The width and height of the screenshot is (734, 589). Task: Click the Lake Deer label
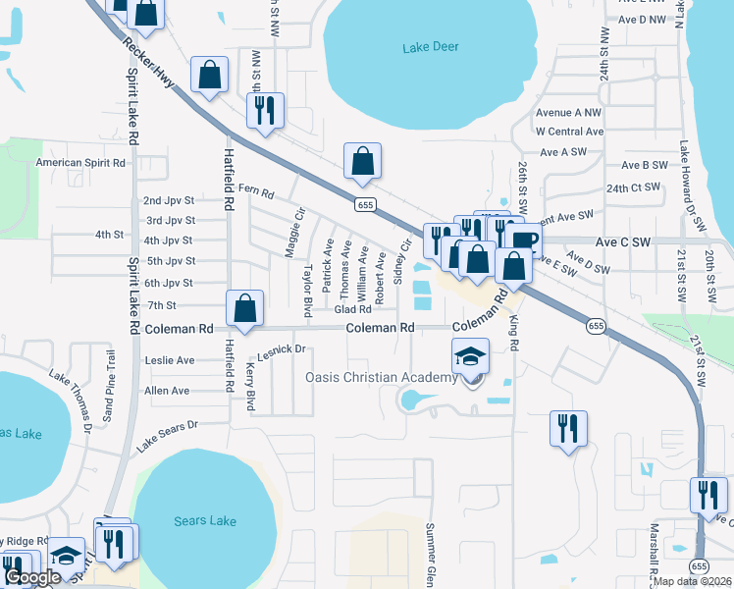click(x=432, y=47)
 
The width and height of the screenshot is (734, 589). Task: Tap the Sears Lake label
click(x=204, y=520)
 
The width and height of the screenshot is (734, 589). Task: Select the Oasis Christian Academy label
click(x=382, y=378)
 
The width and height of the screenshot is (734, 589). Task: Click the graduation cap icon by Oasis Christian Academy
click(x=471, y=356)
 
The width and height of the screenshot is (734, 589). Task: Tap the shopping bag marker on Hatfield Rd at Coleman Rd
click(x=244, y=308)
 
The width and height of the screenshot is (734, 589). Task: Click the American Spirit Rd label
click(x=81, y=163)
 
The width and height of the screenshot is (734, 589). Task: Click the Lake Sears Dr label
click(x=167, y=436)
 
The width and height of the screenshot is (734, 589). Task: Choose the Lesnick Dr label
click(x=283, y=348)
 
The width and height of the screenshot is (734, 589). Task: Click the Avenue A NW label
click(x=568, y=113)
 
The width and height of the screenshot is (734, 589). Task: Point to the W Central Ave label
click(x=569, y=132)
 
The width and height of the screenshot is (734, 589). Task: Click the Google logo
click(x=32, y=577)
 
